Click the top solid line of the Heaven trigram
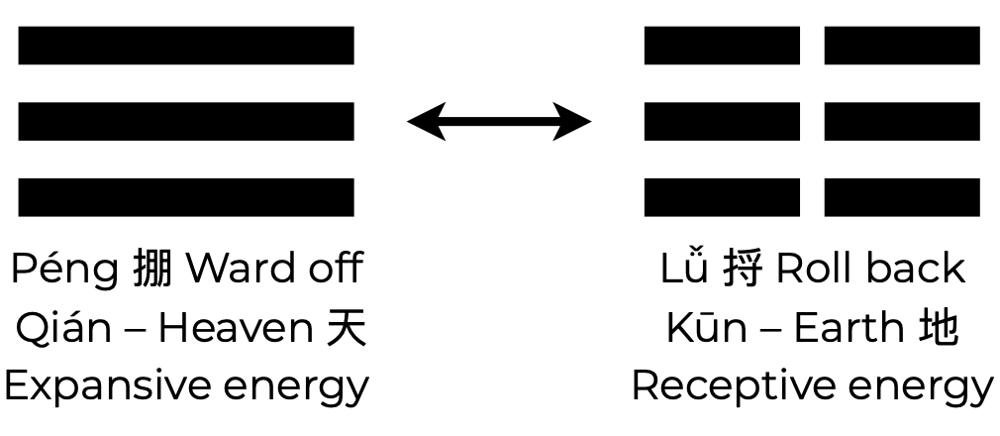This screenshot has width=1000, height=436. tap(186, 46)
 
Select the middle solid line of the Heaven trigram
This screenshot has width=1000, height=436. tap(186, 121)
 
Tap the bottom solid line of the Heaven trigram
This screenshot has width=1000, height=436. tap(186, 197)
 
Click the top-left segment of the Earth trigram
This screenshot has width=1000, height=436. tap(722, 46)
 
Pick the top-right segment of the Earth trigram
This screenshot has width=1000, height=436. tap(902, 46)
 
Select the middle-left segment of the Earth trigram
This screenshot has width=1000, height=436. tap(722, 121)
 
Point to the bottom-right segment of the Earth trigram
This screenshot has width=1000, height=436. tap(902, 197)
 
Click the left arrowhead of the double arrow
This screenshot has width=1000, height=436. tap(424, 122)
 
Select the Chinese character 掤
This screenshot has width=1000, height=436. tap(152, 270)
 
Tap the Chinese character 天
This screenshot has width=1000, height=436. tap(347, 328)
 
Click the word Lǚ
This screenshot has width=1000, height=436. tap(685, 269)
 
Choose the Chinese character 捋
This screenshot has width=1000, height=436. tap(743, 270)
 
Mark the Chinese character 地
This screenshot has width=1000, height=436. tap(939, 328)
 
